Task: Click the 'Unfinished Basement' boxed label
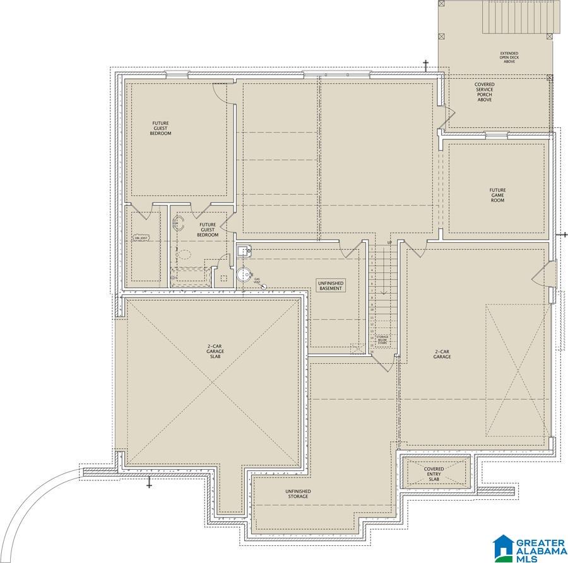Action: click(x=331, y=286)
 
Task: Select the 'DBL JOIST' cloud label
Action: click(x=139, y=238)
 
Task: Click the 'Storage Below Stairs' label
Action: click(x=382, y=339)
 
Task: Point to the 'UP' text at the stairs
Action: click(x=389, y=243)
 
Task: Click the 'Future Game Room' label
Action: click(x=497, y=195)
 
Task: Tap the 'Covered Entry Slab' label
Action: click(x=434, y=474)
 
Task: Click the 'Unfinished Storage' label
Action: click(x=297, y=494)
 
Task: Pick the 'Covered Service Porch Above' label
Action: click(x=485, y=92)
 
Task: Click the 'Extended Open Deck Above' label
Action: click(x=509, y=57)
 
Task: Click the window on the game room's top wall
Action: click(x=496, y=134)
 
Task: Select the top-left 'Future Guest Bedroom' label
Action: click(x=160, y=128)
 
